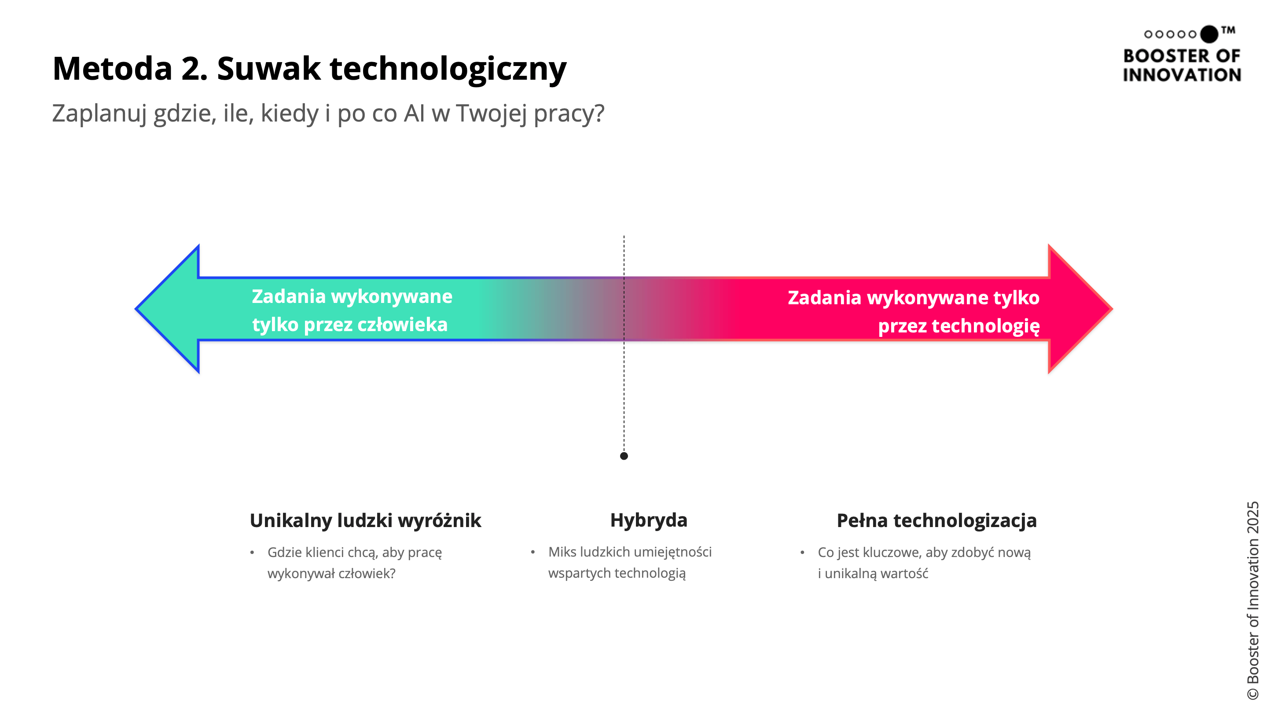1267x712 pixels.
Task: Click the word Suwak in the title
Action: [x=268, y=68]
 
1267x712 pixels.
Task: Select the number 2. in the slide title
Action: [x=194, y=68]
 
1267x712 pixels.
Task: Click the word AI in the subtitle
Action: [x=414, y=113]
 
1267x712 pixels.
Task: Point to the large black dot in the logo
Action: [x=1209, y=34]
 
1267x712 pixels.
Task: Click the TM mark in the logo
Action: [x=1228, y=30]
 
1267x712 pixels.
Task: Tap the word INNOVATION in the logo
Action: [x=1182, y=75]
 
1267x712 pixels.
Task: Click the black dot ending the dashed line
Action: [x=624, y=456]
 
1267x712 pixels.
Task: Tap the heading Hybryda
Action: [x=648, y=520]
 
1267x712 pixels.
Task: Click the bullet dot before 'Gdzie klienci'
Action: [x=252, y=553]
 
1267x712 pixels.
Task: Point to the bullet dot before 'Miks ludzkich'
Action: [x=533, y=552]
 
